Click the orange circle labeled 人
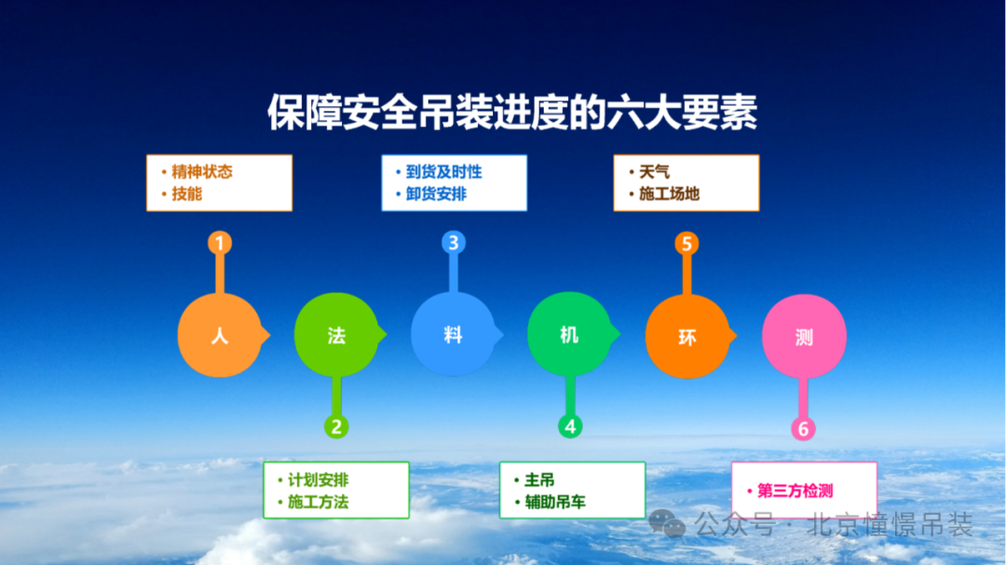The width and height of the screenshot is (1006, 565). pyautogui.click(x=219, y=335)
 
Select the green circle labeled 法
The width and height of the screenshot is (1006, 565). pyautogui.click(x=336, y=335)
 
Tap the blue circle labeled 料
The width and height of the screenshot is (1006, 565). pyautogui.click(x=453, y=335)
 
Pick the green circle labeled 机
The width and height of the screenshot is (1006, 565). pyautogui.click(x=569, y=335)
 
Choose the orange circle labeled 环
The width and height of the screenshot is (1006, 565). pyautogui.click(x=687, y=336)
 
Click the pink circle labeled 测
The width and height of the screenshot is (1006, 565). pyautogui.click(x=804, y=336)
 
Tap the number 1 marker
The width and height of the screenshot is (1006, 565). pyautogui.click(x=219, y=244)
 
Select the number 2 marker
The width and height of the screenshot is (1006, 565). pyautogui.click(x=336, y=427)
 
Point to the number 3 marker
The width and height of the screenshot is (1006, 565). pyautogui.click(x=453, y=244)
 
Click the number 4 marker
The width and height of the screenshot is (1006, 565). pyautogui.click(x=570, y=427)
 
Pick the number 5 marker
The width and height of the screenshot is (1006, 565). pyautogui.click(x=687, y=244)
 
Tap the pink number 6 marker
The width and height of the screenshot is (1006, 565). pyautogui.click(x=803, y=429)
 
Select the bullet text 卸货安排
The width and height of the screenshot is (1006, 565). pyautogui.click(x=436, y=195)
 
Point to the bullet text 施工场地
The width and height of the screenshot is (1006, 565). pyautogui.click(x=669, y=195)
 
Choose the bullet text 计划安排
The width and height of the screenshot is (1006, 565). pyautogui.click(x=318, y=480)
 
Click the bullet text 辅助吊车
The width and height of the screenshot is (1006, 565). pyautogui.click(x=554, y=503)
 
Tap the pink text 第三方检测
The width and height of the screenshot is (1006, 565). pyautogui.click(x=795, y=491)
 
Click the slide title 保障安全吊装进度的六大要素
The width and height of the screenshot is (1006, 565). pyautogui.click(x=511, y=114)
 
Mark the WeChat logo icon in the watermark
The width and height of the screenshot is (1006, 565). pyautogui.click(x=667, y=524)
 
